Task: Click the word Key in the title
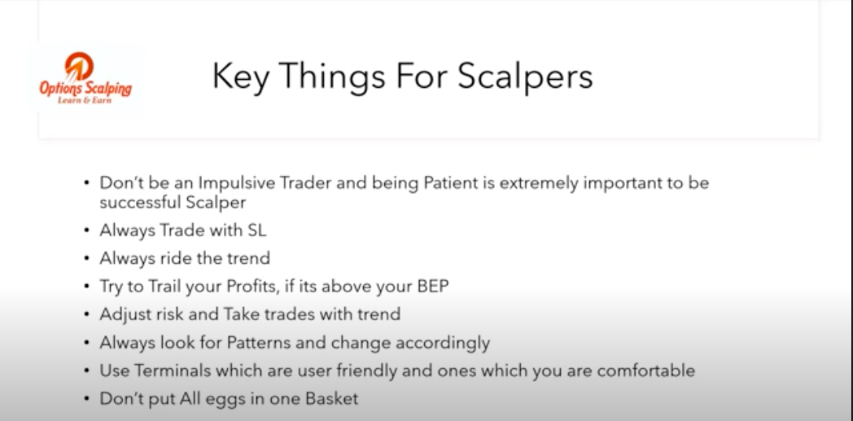coord(240,77)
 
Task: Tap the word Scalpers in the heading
coord(525,77)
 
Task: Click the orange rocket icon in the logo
coord(78,66)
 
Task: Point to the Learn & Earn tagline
coord(85,99)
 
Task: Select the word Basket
coord(332,399)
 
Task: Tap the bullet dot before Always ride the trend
coord(87,259)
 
